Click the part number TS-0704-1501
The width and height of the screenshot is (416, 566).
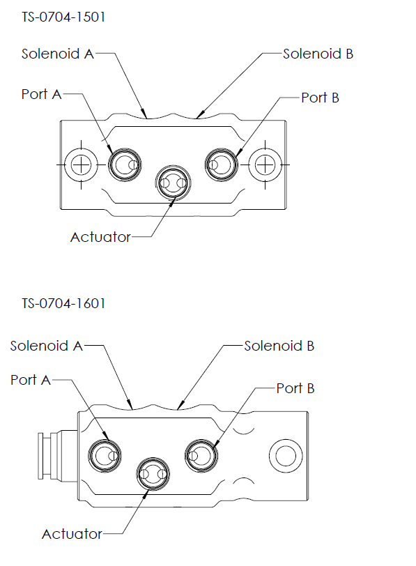(63, 17)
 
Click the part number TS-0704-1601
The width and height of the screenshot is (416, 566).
(63, 304)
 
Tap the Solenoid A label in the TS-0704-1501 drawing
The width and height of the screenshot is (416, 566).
(57, 54)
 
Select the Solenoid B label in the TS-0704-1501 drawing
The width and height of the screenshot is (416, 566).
(318, 54)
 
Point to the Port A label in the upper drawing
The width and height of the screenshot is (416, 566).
(41, 94)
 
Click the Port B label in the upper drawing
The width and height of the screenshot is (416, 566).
(320, 98)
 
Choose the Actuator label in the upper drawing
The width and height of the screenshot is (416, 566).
(100, 237)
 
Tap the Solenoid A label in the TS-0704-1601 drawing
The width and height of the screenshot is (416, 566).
(46, 346)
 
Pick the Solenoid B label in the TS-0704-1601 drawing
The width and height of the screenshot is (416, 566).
(279, 346)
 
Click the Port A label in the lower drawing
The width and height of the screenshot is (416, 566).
(30, 380)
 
